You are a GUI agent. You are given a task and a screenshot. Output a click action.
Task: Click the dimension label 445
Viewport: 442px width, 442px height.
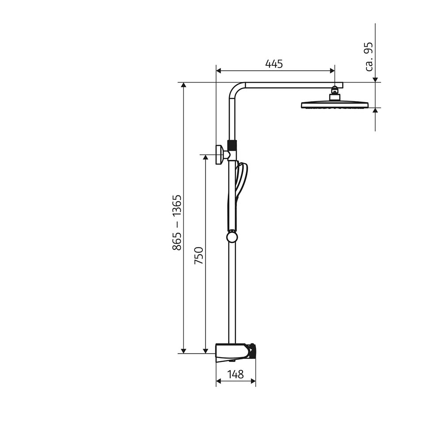click(x=274, y=64)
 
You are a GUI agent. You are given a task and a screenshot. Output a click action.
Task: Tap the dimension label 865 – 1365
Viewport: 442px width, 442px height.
click(x=177, y=222)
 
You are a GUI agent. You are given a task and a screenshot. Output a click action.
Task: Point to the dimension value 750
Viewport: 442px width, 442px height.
click(x=199, y=255)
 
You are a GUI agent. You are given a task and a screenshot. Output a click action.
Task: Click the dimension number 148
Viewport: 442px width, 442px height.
click(x=235, y=374)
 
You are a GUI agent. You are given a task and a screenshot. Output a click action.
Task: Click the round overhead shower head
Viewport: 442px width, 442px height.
click(x=335, y=105)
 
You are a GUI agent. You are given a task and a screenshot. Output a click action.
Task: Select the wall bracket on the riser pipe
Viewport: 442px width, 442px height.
click(x=220, y=155)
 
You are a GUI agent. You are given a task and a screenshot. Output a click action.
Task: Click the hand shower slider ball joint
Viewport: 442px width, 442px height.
click(x=232, y=237)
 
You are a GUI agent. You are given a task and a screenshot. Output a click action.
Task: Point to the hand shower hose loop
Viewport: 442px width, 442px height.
click(x=241, y=181)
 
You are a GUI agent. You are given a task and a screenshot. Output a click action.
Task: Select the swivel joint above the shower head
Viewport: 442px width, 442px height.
click(x=335, y=91)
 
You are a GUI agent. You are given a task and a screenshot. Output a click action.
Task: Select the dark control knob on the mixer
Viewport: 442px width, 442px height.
click(x=251, y=351)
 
